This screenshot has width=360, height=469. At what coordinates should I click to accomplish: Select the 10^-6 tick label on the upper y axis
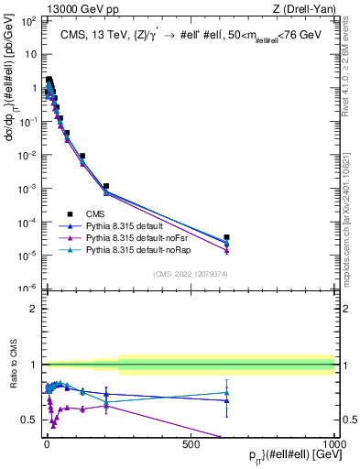[x=28, y=289]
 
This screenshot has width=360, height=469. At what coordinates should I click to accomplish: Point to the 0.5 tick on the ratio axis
[x=31, y=420]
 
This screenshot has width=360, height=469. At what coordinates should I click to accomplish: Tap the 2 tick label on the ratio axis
[x=35, y=309]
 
